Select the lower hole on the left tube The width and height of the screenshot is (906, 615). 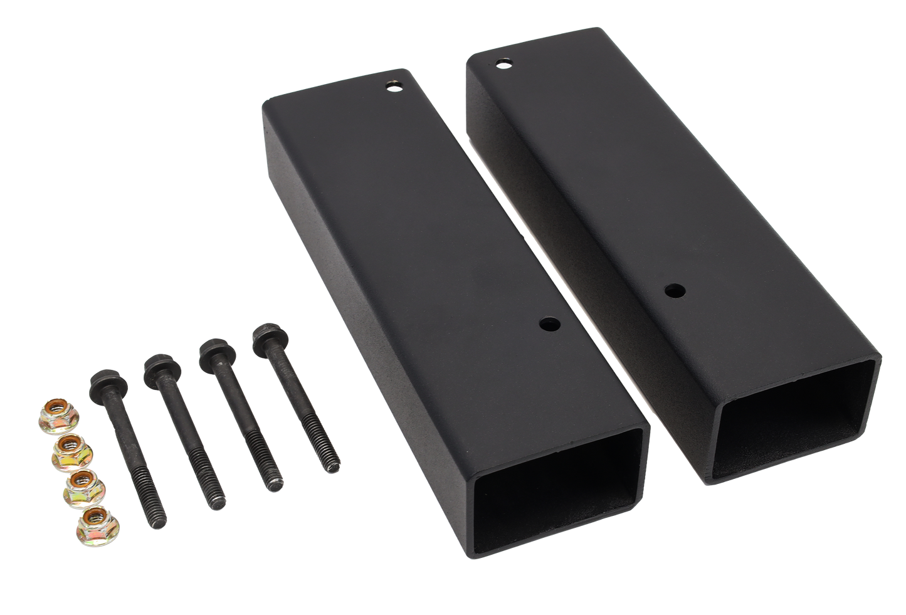552,325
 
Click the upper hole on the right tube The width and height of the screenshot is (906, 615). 503,63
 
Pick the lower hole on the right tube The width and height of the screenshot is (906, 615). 674,290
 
